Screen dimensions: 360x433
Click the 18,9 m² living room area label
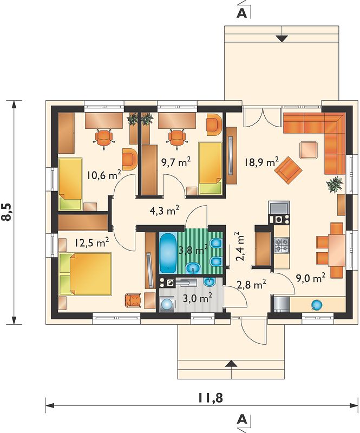point(261,162)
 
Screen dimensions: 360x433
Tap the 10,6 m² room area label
point(104,175)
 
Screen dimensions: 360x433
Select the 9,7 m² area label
point(176,162)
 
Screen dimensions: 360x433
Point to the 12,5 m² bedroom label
point(91,242)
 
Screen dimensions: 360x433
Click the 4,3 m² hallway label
point(165,211)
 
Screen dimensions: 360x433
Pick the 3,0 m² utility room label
point(197,298)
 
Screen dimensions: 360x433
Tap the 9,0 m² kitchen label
point(310,278)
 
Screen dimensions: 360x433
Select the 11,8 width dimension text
point(210,398)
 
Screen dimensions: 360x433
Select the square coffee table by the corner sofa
point(309,150)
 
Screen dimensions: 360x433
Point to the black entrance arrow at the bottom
point(231,364)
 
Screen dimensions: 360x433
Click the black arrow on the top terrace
point(282,38)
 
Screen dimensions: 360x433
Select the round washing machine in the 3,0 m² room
point(167,304)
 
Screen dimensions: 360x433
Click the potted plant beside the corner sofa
point(335,184)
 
